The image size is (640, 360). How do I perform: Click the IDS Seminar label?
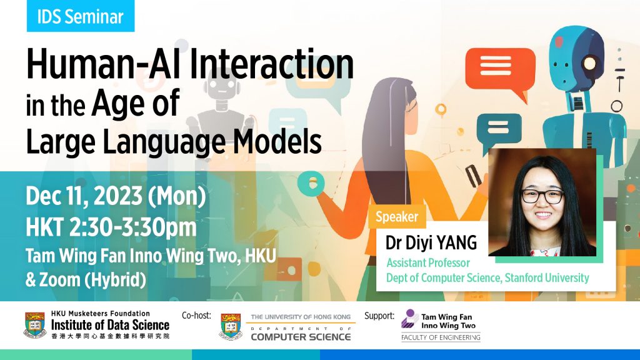coord(80,17)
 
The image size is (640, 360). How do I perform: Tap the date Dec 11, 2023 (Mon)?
coord(116,197)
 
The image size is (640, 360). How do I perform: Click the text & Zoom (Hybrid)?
coord(86,279)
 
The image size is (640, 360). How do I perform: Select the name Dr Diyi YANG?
coord(431,242)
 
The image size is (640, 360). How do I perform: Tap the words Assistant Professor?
coord(427,263)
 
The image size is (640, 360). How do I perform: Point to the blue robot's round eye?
coord(590,64)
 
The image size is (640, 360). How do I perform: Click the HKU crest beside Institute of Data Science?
coord(34,325)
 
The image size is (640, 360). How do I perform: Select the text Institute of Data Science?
coord(110,325)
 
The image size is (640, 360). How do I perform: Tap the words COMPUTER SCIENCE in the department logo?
coord(301,337)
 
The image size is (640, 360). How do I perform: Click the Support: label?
coord(379,316)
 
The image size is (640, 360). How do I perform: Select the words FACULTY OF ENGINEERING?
coord(441,337)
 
